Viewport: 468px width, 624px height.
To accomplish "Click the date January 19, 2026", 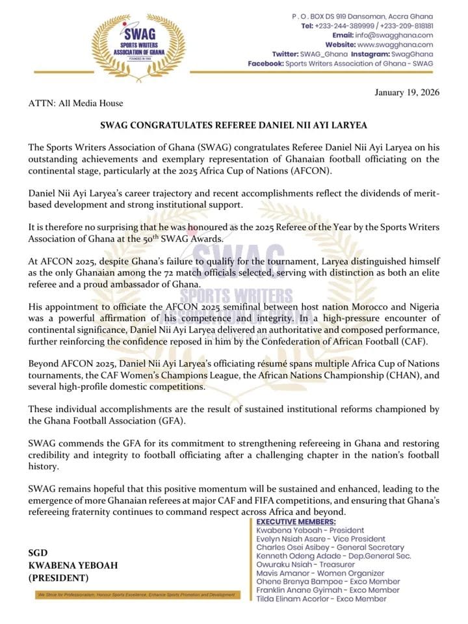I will pos(407,92).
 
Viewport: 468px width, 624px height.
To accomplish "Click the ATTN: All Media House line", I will pos(75,103).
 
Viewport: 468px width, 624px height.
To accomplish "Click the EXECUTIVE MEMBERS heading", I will pos(296,522).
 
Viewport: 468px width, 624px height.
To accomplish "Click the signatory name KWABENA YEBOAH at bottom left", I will pos(73,565).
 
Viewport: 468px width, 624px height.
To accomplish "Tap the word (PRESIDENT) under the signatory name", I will pos(58,577).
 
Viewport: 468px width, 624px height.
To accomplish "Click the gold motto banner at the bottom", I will pos(135,595).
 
